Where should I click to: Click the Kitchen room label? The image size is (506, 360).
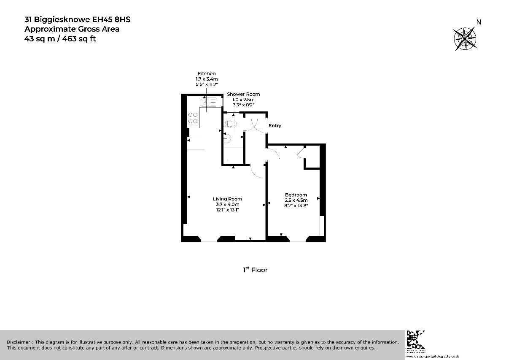[206, 73]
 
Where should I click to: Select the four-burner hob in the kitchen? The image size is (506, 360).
[194, 118]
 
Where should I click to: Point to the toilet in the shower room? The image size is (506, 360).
[231, 124]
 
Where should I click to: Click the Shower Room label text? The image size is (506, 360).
[243, 94]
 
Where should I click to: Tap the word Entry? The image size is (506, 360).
[275, 126]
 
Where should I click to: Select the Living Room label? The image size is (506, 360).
[227, 199]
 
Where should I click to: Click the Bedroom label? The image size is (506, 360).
[296, 195]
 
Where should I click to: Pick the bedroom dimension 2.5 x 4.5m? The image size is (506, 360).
[296, 200]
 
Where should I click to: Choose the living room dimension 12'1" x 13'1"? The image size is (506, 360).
[227, 210]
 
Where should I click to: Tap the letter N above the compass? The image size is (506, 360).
[479, 22]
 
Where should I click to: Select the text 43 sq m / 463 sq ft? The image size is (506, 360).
[63, 38]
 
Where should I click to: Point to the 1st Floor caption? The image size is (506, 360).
[255, 270]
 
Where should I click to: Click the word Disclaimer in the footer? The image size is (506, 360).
[18, 342]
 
